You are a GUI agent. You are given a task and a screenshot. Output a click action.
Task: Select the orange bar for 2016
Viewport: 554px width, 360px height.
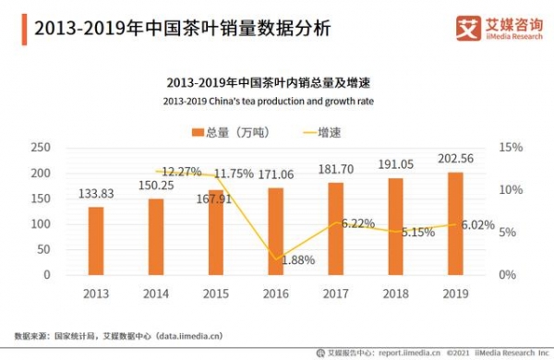click(x=276, y=231)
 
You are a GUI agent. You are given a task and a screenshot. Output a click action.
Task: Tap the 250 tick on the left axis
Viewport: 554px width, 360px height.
click(x=40, y=148)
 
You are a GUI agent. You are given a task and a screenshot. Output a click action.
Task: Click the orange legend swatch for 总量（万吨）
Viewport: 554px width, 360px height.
click(x=198, y=132)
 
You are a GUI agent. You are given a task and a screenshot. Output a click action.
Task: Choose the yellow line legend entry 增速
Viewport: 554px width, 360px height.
click(x=322, y=132)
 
